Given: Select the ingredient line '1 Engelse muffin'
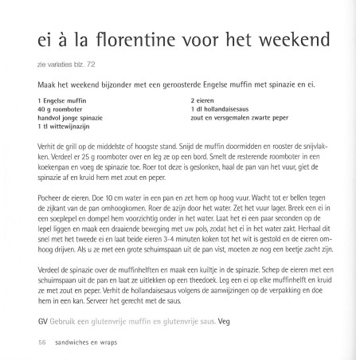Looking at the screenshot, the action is [61, 100].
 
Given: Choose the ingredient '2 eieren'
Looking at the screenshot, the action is [205, 100].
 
